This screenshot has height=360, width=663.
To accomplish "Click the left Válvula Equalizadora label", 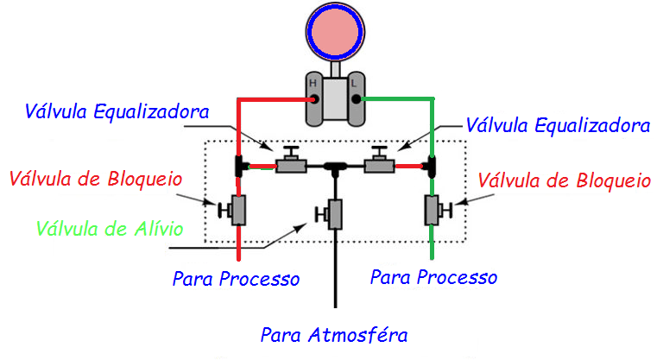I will point(117,112).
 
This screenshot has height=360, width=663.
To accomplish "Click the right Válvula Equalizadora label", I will point(557,125).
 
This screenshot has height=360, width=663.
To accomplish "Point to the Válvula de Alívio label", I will point(108,229).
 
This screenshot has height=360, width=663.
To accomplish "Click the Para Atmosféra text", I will point(334,334).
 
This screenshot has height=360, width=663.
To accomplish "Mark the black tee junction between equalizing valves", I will point(335,164).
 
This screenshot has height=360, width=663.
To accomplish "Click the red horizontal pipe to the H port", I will point(272,100).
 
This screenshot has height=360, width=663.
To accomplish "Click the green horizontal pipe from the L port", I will point(397,100).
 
